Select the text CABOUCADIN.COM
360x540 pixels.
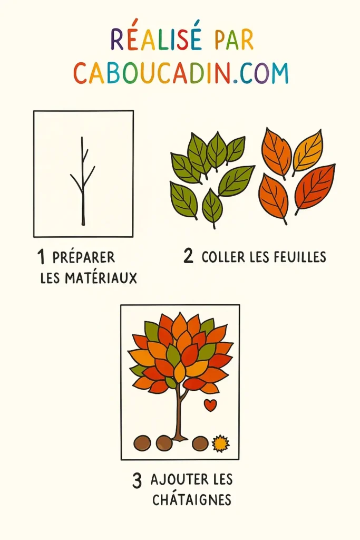tap(181, 73)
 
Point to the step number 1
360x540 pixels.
tap(41, 257)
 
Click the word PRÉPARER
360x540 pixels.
tap(84, 258)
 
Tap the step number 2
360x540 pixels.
tap(188, 257)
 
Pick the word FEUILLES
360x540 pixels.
tap(300, 257)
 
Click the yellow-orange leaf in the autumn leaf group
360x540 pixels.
tap(308, 150)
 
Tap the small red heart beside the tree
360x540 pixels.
tap(210, 405)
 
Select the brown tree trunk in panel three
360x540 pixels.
tap(180, 417)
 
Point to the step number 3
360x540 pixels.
tap(137, 480)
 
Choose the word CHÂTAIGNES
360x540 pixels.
tap(192, 499)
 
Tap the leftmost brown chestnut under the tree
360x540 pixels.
tap(142, 443)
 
